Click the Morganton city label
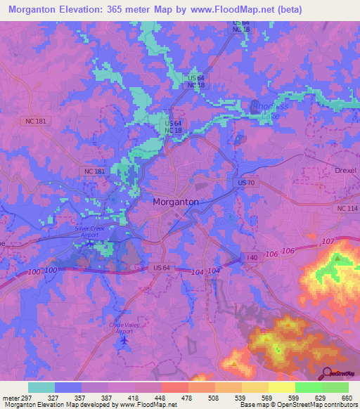176,202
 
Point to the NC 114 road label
347,209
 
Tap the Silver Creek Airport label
89,232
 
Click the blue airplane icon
125,340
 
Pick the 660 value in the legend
347,398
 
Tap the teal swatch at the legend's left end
41,387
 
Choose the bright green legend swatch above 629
308,387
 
